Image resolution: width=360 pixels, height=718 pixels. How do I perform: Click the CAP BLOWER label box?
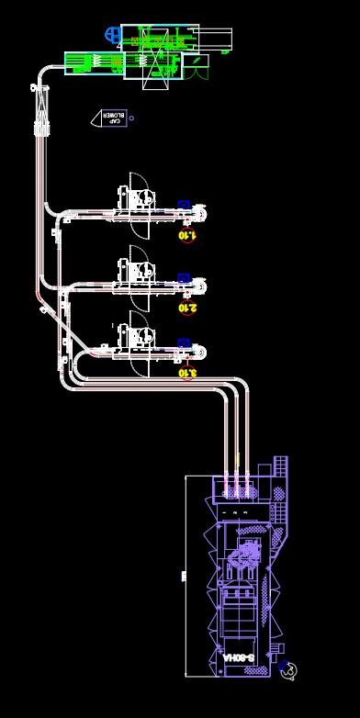112,118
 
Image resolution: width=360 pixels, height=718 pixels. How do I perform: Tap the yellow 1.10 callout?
187,234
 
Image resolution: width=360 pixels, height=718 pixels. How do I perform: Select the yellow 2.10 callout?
187,308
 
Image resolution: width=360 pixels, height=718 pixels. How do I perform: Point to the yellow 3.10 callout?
186,372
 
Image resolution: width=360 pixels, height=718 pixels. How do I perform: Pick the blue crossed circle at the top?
113,35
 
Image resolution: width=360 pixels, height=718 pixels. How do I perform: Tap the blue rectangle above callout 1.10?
184,205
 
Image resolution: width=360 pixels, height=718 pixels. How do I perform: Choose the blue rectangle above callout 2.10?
184,276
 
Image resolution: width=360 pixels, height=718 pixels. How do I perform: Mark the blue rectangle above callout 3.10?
184,342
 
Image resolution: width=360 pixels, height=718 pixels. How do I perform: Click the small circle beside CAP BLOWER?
132,118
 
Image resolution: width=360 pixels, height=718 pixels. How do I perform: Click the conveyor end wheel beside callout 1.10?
199,215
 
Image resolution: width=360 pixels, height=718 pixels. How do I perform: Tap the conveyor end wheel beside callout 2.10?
199,286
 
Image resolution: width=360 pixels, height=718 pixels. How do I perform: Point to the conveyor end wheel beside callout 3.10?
199,352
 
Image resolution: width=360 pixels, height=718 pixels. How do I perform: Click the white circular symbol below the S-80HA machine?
289,672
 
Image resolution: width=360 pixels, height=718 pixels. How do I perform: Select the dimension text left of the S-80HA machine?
184,577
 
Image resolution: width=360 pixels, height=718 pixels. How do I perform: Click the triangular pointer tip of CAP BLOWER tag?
93,118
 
